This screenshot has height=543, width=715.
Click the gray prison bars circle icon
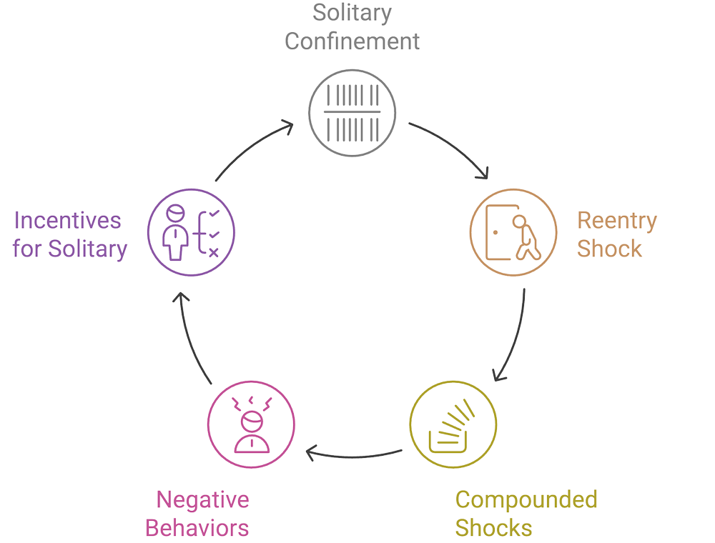click(x=352, y=113)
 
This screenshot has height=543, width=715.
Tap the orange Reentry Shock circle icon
click(x=513, y=232)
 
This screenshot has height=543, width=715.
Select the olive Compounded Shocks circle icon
click(x=453, y=424)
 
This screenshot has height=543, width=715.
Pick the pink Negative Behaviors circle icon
click(x=251, y=424)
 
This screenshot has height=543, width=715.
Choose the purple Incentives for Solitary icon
click(x=191, y=232)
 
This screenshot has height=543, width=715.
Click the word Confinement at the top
click(x=352, y=41)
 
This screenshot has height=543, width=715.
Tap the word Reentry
click(x=616, y=220)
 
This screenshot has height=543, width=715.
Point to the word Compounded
click(x=526, y=499)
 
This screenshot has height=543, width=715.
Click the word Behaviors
click(x=197, y=528)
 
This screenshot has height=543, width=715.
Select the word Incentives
click(x=68, y=220)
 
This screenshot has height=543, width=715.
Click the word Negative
click(x=202, y=499)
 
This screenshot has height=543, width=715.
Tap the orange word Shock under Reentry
click(x=609, y=249)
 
